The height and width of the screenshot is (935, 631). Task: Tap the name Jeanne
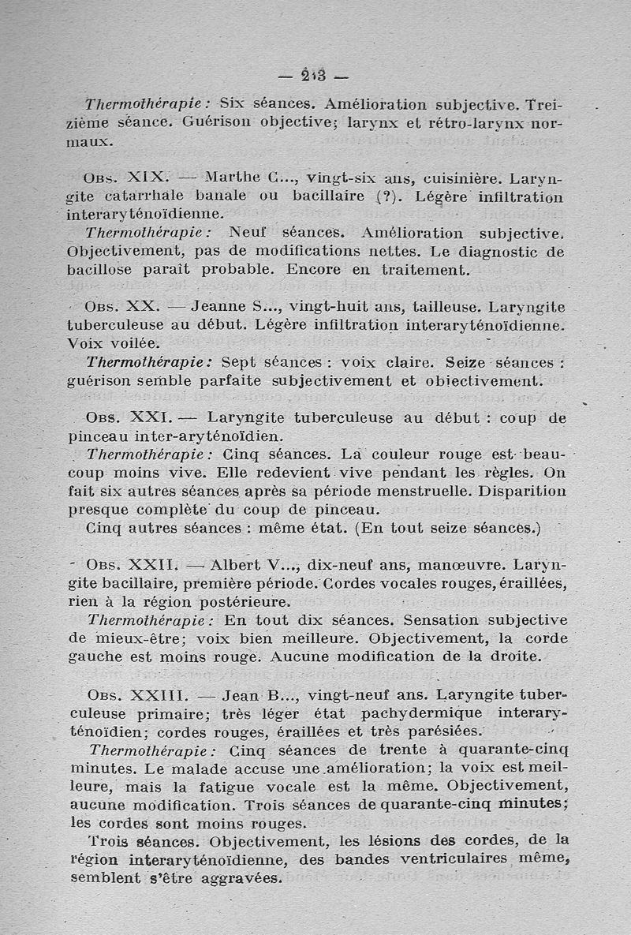coord(218,306)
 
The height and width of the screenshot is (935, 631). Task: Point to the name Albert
coord(237,566)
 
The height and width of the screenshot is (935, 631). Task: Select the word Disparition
coord(513,491)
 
